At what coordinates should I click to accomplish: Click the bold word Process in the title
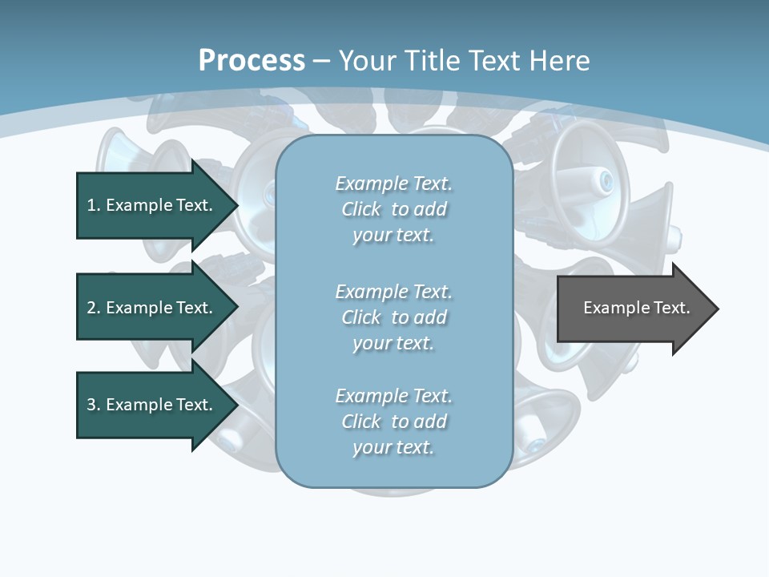pos(252,61)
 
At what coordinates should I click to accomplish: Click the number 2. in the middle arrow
pos(93,308)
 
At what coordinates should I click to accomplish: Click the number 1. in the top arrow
pos(93,205)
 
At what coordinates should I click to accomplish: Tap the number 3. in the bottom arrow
pos(93,405)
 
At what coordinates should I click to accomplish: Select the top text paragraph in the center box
pos(393,209)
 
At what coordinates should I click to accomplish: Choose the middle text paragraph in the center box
pos(393,317)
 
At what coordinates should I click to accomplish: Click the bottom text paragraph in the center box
pos(393,422)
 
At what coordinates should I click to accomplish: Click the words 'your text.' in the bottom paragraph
pos(393,447)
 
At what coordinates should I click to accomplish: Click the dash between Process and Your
pos(322,61)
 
